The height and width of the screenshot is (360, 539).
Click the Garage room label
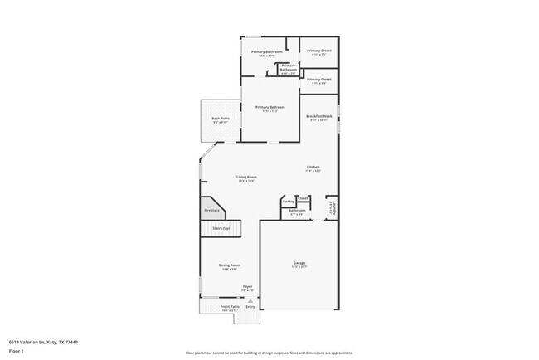[x=299, y=265]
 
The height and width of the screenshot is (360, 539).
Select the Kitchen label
[x=313, y=168]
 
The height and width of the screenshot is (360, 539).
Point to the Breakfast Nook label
[x=319, y=116]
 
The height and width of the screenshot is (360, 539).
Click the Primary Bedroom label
[x=270, y=108]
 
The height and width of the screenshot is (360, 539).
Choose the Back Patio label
[x=220, y=119]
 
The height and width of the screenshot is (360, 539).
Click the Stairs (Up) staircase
[x=221, y=227]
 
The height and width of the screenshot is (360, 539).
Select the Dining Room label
[x=229, y=265]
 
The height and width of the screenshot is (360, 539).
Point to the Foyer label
[x=247, y=287]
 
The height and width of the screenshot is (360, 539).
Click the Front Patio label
[x=230, y=307]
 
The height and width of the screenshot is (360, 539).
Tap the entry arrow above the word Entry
[x=250, y=300]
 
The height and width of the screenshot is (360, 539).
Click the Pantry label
[x=288, y=201]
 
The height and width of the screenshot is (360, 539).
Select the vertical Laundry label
[x=332, y=209]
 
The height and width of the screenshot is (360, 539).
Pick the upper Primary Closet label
[x=319, y=51]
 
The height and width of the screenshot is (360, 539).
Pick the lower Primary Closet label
[x=319, y=80]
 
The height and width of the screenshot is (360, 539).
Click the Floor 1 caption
[x=17, y=350]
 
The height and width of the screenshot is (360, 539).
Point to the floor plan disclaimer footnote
[x=269, y=352]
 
